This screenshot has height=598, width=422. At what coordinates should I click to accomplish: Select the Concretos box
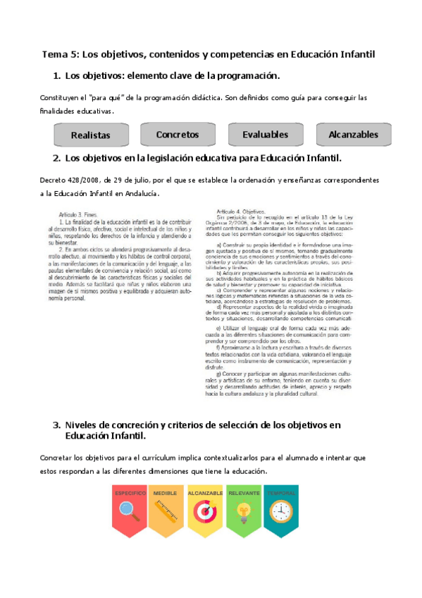click(x=177, y=134)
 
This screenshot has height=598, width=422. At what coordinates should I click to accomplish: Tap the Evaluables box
click(x=265, y=134)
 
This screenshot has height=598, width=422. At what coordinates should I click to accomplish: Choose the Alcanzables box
click(x=353, y=134)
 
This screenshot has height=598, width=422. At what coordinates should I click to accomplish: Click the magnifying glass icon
click(x=130, y=511)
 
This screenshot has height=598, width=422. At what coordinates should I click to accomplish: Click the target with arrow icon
click(x=206, y=510)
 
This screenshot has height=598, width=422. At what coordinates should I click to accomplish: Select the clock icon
click(x=281, y=510)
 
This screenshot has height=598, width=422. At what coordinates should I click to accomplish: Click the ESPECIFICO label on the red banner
click(x=130, y=493)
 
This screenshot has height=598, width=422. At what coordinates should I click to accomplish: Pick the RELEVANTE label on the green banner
click(x=244, y=493)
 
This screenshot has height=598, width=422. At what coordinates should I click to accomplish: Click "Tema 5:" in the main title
click(x=61, y=54)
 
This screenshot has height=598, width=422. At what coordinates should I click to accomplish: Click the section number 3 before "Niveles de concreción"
click(x=56, y=425)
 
